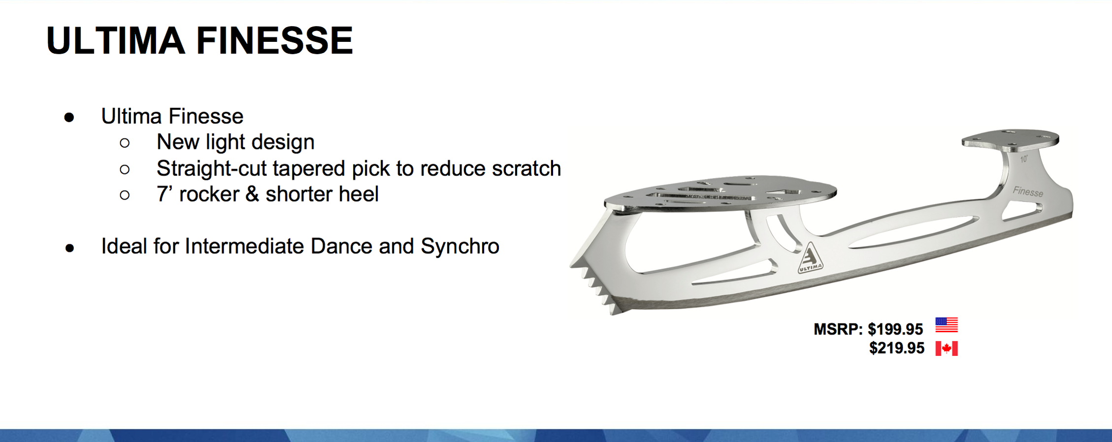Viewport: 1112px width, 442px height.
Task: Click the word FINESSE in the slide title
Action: [274, 40]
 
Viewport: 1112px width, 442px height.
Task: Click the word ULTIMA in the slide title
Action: [116, 40]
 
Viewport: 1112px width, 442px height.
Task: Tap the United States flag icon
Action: [947, 325]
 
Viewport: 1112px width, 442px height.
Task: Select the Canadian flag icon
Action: [947, 348]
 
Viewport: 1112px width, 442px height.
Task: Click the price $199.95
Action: [895, 329]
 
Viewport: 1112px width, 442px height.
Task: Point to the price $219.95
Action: [897, 348]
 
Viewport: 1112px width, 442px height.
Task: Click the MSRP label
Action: [838, 329]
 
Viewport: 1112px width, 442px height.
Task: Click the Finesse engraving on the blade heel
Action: [1028, 192]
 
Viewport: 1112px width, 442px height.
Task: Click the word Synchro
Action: [460, 246]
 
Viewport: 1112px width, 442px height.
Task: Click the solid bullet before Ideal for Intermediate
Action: [70, 248]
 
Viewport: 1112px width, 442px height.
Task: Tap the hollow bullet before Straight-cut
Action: [125, 170]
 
